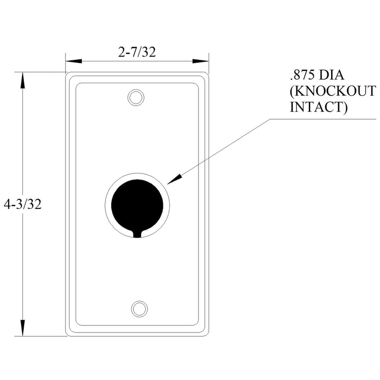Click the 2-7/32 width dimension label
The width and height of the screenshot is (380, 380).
(137, 52)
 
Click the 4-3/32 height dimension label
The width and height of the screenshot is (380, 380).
(22, 204)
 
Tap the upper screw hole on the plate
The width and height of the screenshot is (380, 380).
(136, 98)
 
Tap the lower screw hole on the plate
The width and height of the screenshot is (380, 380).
(139, 309)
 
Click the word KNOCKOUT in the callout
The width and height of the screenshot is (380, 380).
(333, 91)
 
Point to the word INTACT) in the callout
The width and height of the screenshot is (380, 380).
(319, 107)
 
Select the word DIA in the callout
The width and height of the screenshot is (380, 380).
(331, 75)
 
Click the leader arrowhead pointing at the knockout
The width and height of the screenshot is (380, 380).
(174, 179)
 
